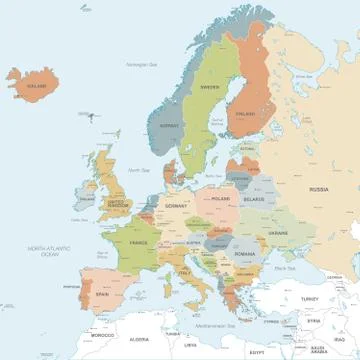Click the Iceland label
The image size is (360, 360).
(37, 86)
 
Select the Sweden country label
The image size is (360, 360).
(210, 87)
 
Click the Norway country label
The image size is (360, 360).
(169, 126)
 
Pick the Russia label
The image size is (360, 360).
(318, 189)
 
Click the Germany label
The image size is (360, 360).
(176, 205)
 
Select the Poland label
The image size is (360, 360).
(220, 199)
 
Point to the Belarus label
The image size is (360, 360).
(254, 199)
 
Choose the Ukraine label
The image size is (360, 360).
(276, 232)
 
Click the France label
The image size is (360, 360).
(138, 243)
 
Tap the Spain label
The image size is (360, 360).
(102, 295)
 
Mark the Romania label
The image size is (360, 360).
(246, 255)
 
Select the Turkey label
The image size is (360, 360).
(309, 298)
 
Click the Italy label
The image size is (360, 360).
(184, 272)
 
